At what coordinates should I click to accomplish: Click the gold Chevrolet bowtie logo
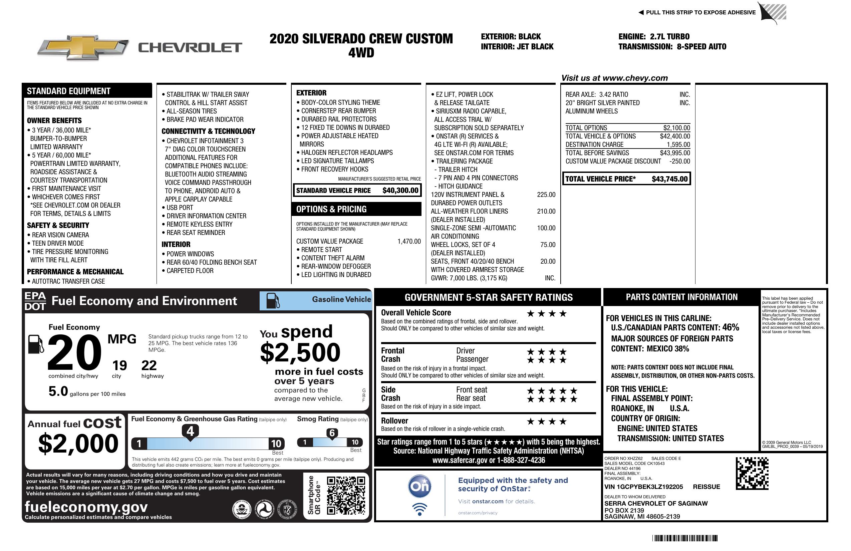pos(83,47)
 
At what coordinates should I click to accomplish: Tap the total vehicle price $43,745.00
pos(669,179)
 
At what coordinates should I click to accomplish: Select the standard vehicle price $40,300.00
pos(400,190)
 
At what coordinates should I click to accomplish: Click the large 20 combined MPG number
pos(74,352)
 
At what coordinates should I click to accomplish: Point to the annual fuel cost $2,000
pos(78,444)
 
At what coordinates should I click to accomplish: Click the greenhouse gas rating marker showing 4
pos(190,431)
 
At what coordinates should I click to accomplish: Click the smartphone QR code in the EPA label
pos(346,495)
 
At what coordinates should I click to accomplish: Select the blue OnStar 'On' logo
pos(419,486)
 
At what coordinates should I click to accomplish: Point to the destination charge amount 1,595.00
pos(678,145)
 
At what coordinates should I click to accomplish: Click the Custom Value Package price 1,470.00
pos(409,241)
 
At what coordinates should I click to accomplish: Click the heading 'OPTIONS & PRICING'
pos(331,209)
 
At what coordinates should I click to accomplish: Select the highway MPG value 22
pos(149,365)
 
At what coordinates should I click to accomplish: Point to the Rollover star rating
pos(547,422)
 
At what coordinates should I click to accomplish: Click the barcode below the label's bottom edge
pos(684,538)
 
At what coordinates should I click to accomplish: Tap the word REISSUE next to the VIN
pos(706,487)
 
